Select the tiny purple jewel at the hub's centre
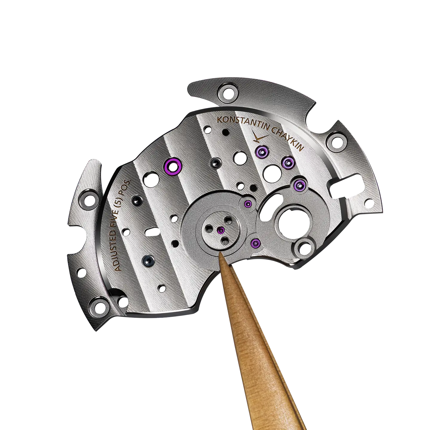[221, 230]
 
